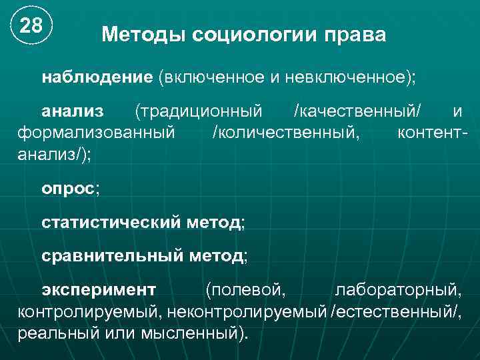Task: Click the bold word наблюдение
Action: coord(97,77)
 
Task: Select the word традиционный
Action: coord(199,109)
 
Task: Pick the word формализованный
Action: coord(96,132)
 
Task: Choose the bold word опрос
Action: coord(68,188)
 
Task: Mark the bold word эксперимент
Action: coord(99,289)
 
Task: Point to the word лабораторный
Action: coord(397,289)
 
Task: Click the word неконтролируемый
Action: coord(247,311)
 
